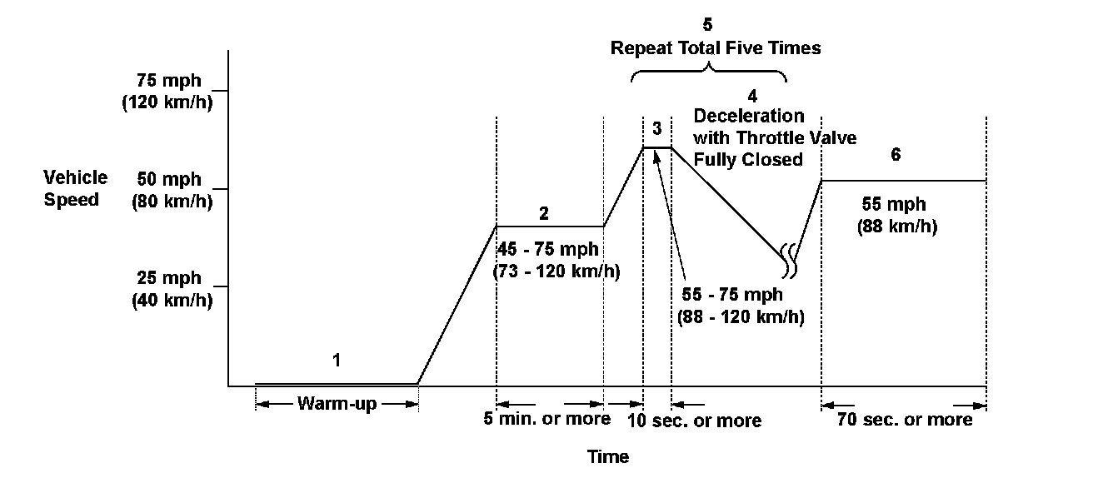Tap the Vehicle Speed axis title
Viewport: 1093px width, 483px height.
[x=76, y=188]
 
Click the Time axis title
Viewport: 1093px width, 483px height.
[x=608, y=456]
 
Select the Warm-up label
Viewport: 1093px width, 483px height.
[x=337, y=405]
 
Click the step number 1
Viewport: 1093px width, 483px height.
[x=337, y=361]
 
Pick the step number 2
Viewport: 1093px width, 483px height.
[x=543, y=213]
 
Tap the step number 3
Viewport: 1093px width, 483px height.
[x=656, y=128]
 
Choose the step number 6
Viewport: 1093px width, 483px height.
[x=896, y=155]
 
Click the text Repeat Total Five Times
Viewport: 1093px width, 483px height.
[x=716, y=47]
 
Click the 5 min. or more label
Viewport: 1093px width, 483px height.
[x=547, y=418]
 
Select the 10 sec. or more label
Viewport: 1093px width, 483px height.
[x=695, y=421]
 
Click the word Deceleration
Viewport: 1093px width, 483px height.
[x=749, y=115]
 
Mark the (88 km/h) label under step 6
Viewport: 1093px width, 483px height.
[x=896, y=227]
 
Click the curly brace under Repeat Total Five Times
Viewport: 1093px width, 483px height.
[x=709, y=73]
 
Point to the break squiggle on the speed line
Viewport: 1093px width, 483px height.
[x=788, y=260]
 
